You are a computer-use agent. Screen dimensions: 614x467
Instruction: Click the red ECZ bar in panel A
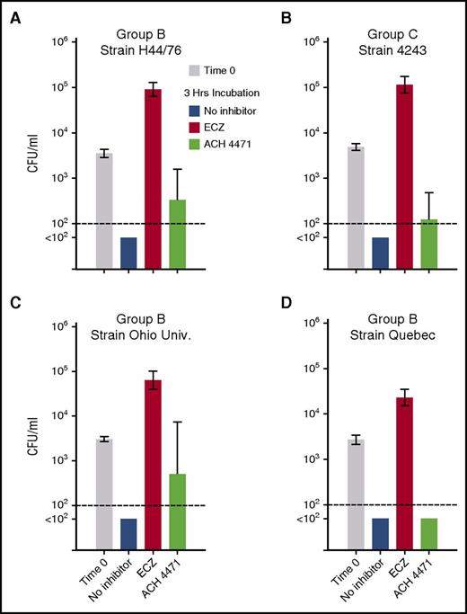coord(153,179)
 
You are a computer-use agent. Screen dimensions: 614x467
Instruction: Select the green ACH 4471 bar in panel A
coord(177,234)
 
